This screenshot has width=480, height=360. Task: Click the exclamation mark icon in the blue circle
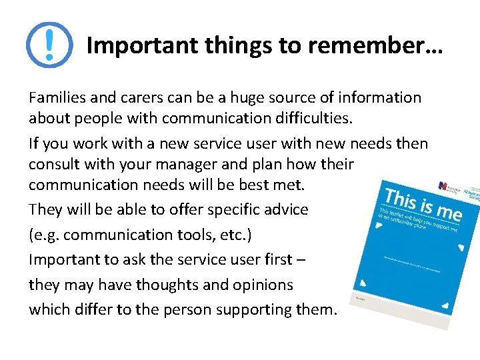[49, 45]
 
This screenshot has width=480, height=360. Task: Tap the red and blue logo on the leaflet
[443, 186]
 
